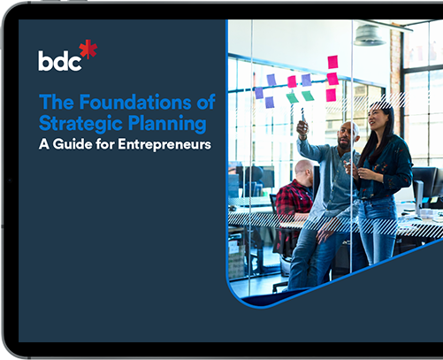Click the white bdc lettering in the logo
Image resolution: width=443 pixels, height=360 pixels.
[58, 60]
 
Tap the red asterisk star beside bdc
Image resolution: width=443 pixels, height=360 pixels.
[88, 50]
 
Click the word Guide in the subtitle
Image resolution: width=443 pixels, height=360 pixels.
[79, 143]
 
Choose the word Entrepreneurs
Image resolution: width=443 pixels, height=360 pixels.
[166, 143]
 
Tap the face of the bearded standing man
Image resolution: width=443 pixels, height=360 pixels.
[346, 134]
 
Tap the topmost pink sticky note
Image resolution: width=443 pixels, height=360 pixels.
[332, 61]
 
